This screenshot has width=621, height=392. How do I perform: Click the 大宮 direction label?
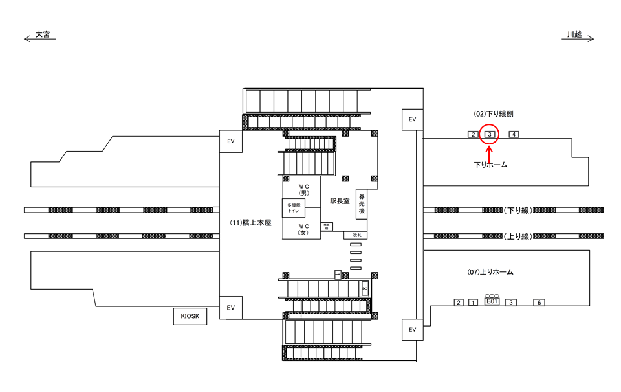click(x=43, y=34)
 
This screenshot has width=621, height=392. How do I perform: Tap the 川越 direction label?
click(x=574, y=34)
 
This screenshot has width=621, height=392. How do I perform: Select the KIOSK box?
click(x=190, y=316)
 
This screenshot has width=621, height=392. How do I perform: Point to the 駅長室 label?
click(x=339, y=202)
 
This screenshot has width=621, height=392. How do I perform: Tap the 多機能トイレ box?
click(x=294, y=208)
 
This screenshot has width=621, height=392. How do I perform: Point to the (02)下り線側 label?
click(x=494, y=113)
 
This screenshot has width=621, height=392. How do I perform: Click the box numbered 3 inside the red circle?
click(x=490, y=135)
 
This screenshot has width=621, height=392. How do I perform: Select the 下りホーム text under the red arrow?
click(x=490, y=165)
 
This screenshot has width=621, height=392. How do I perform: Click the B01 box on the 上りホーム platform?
click(x=492, y=302)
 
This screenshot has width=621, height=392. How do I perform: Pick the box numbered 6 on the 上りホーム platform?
click(x=539, y=303)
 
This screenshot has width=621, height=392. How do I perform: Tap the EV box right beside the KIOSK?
click(x=231, y=308)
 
